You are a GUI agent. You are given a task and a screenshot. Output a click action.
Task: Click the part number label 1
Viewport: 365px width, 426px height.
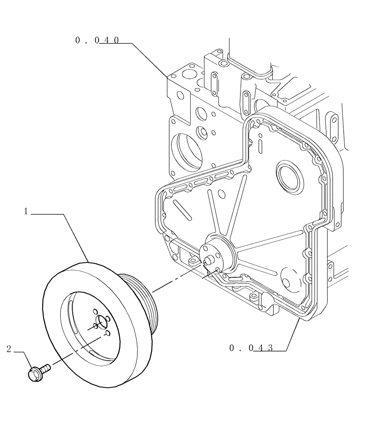point(26,211)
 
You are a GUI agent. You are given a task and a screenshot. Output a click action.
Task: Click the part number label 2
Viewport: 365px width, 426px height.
point(9,349)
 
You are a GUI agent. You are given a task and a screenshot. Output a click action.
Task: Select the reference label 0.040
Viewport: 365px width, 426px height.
point(97,40)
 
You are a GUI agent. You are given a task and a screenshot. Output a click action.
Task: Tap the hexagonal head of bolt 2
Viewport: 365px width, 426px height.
point(34,374)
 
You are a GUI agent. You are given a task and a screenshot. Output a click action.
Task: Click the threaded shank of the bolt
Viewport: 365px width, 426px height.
point(45,367)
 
